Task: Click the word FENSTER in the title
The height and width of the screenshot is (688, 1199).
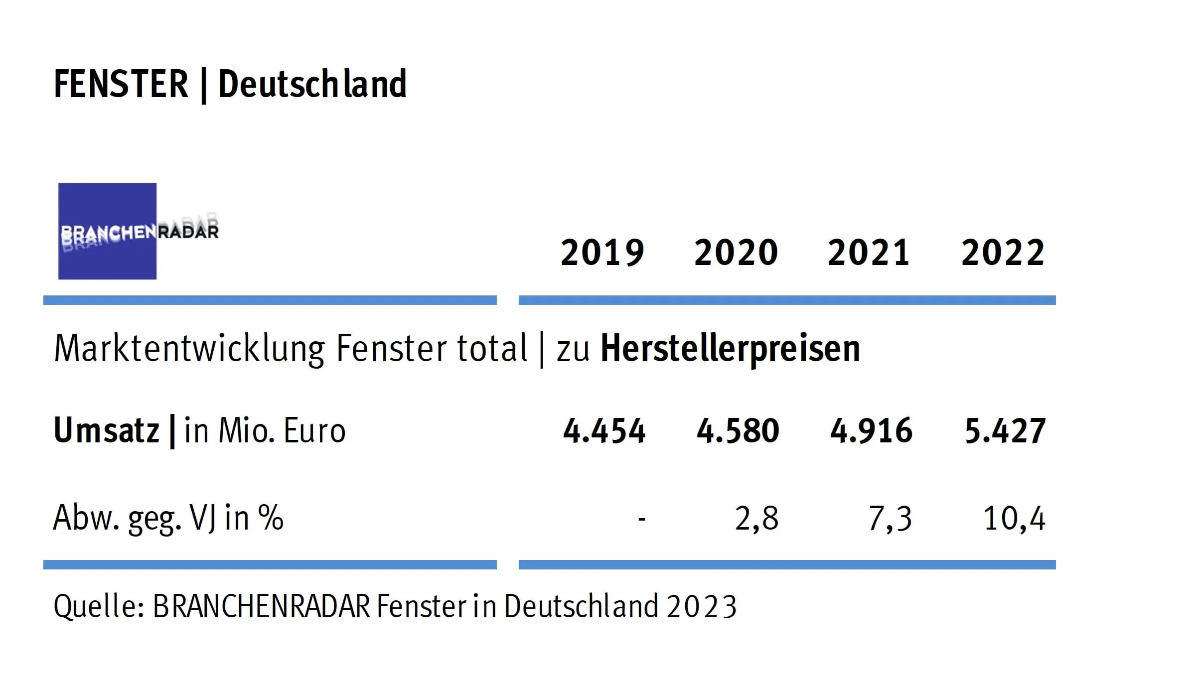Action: pyautogui.click(x=121, y=84)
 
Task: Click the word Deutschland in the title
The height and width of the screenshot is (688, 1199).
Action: pyautogui.click(x=312, y=84)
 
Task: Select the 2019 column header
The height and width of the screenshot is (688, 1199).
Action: pyautogui.click(x=602, y=253)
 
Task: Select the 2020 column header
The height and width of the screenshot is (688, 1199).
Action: pyautogui.click(x=736, y=253)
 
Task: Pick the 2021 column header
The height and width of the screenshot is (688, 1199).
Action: pyautogui.click(x=869, y=253)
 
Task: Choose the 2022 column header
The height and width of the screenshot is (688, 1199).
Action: pyautogui.click(x=1003, y=253)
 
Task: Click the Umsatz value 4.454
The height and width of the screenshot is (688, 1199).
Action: pyautogui.click(x=604, y=430)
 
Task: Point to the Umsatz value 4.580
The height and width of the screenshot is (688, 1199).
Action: pyautogui.click(x=738, y=430)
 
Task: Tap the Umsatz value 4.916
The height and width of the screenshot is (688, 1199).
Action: pyautogui.click(x=871, y=430)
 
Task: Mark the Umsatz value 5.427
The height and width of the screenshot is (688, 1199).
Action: pyautogui.click(x=1005, y=430)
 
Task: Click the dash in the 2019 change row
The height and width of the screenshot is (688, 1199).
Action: pyautogui.click(x=641, y=520)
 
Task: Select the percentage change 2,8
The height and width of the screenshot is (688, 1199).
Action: pyautogui.click(x=756, y=519)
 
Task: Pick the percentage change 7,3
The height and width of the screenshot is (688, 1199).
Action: pyautogui.click(x=890, y=519)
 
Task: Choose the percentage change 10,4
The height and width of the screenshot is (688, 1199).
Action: pyautogui.click(x=1014, y=519)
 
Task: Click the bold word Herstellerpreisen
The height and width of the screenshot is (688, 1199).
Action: pyautogui.click(x=730, y=348)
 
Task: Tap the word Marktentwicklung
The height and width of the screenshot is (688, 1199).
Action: pyautogui.click(x=189, y=348)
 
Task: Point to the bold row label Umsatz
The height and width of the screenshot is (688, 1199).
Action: pyautogui.click(x=106, y=430)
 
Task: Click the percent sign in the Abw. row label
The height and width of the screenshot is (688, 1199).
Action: pyautogui.click(x=271, y=518)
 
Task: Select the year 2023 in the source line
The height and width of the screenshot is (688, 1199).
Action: pyautogui.click(x=701, y=607)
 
